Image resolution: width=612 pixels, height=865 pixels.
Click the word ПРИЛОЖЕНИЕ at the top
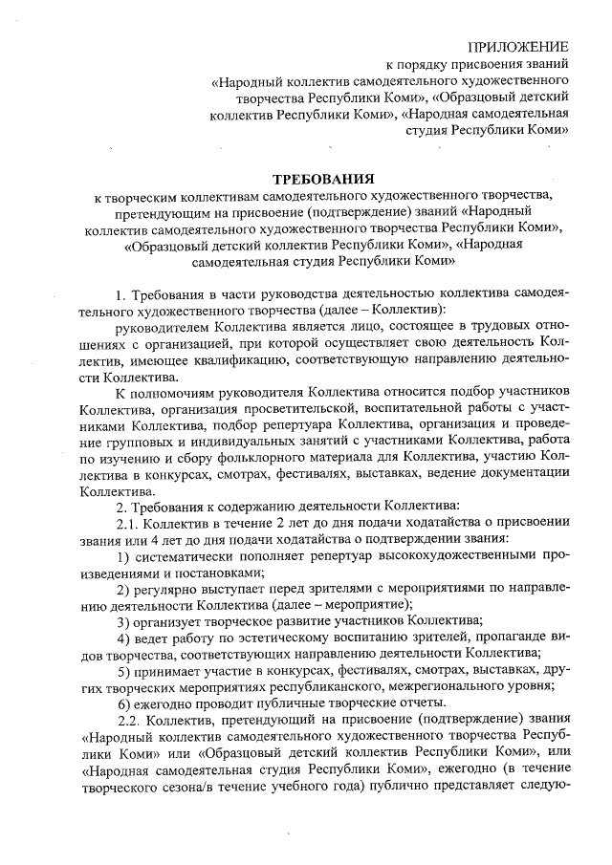pyautogui.click(x=519, y=46)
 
